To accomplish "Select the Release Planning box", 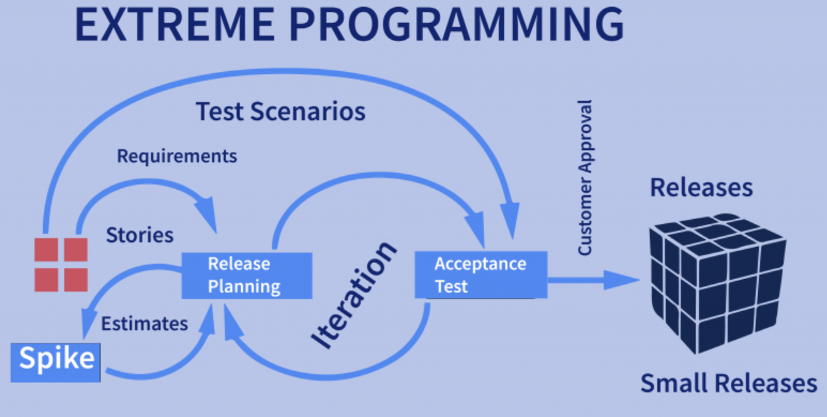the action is [x=247, y=275].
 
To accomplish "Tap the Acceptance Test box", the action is [x=481, y=275].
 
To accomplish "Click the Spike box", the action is [x=55, y=362].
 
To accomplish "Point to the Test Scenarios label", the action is [x=280, y=112].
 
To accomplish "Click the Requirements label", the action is [x=176, y=157].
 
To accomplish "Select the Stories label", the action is [x=139, y=235].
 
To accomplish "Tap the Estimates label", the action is [x=144, y=323].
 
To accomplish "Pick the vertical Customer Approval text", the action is [x=586, y=178].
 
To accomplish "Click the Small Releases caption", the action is [x=729, y=384].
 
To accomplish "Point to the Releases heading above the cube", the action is [x=701, y=187].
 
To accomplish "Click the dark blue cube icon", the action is [x=718, y=283].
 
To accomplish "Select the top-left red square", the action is [x=46, y=250].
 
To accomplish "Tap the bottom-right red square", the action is [x=76, y=280].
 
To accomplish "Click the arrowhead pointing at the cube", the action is [x=623, y=280].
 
